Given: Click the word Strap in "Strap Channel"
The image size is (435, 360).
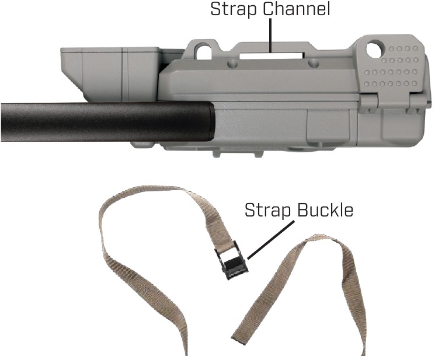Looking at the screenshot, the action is click(234, 10).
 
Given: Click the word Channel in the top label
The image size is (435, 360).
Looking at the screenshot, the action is click(297, 9).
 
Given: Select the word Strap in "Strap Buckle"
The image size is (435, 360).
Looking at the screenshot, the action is click(268, 211).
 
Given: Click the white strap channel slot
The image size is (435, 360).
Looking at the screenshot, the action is click(272, 55).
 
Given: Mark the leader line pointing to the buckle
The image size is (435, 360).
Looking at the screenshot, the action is click(270, 240).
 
